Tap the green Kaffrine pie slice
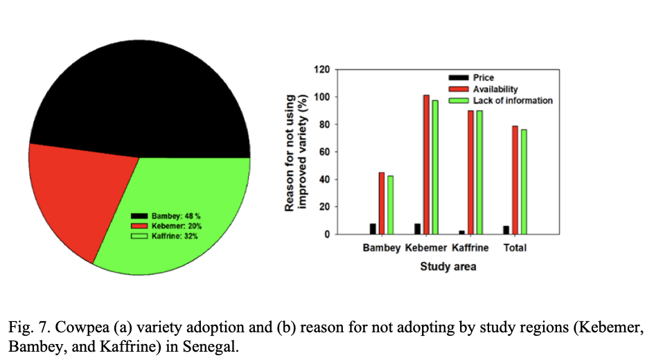click(187, 208)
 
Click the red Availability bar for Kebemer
click(426, 166)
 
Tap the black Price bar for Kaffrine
click(461, 233)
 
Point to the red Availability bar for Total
click(515, 180)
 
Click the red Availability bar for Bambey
click(382, 204)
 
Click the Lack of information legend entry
click(512, 100)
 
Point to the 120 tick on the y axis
click(321, 70)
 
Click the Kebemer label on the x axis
click(426, 249)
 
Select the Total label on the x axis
click(515, 249)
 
